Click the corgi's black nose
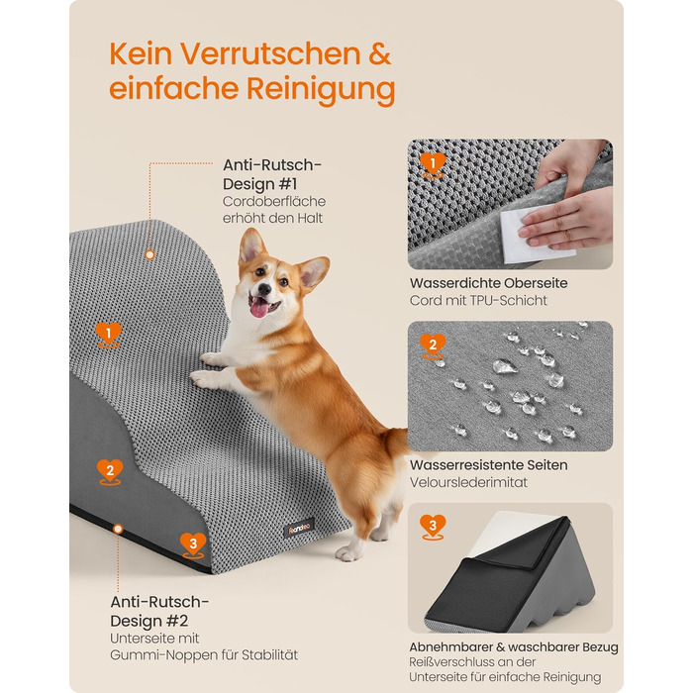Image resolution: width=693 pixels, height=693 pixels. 264,289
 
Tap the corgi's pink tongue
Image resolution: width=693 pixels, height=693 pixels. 259,308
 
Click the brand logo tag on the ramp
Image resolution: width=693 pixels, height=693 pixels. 299,528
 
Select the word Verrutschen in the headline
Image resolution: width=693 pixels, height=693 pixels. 270,54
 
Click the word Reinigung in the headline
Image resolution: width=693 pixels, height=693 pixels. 321,89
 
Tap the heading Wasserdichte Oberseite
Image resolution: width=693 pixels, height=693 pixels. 488,283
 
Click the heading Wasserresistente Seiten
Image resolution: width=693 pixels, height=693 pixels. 488,465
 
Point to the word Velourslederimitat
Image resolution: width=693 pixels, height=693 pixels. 468,482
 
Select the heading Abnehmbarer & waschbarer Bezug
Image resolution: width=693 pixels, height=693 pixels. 513,647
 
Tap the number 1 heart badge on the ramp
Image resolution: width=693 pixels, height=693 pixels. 109,335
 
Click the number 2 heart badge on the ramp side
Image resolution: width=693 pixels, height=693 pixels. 110,472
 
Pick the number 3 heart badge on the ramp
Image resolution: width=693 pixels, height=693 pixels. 193,545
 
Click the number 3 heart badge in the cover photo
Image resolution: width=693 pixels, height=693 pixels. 433,527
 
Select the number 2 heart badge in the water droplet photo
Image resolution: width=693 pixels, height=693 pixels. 433,346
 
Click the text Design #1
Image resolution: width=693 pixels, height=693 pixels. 259,184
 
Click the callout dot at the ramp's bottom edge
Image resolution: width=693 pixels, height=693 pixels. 118,529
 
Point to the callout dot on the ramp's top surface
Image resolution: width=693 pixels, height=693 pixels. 149,254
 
